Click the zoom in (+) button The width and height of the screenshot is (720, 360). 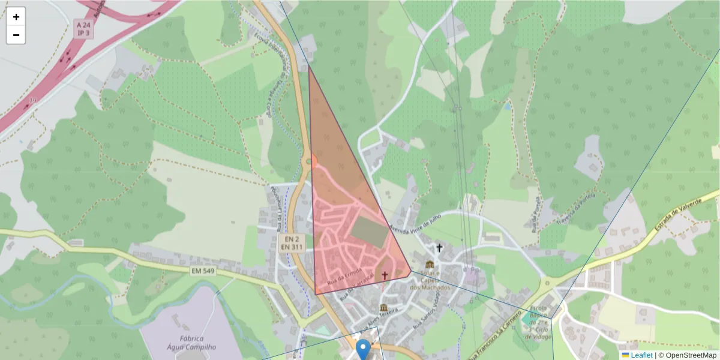click(16, 17)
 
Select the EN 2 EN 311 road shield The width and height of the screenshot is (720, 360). click(291, 242)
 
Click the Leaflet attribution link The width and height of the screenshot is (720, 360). click(641, 355)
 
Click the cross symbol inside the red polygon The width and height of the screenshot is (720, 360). click(385, 275)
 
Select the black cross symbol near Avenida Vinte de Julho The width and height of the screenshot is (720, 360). click(439, 247)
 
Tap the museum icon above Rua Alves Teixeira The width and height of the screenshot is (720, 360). click(383, 308)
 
